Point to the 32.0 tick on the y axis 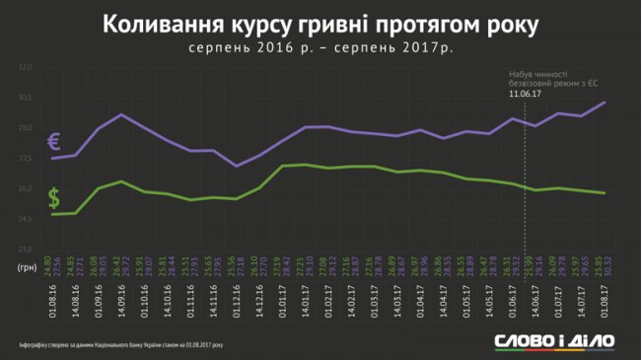click(26, 67)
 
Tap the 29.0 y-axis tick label click(26, 128)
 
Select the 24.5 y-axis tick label click(26, 220)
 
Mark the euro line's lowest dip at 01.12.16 click(237, 166)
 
